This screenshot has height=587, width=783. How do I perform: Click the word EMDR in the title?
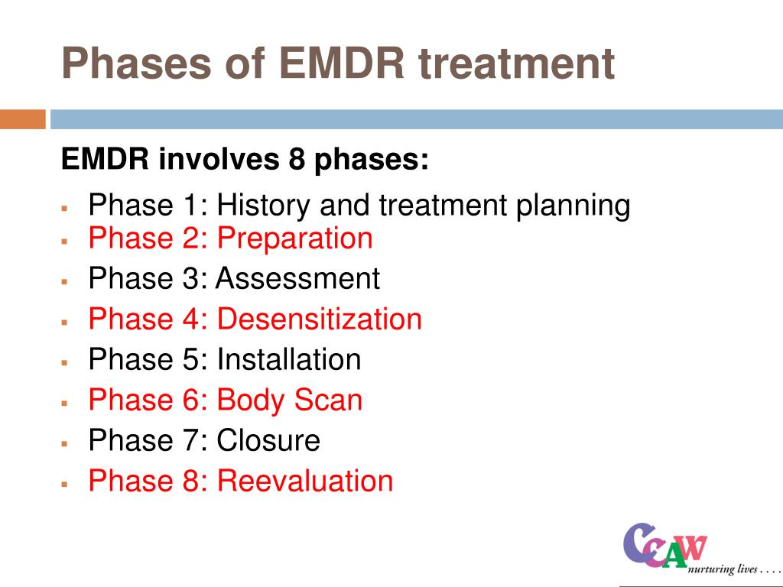pyautogui.click(x=342, y=63)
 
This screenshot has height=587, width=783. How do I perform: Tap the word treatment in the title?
pyautogui.click(x=516, y=63)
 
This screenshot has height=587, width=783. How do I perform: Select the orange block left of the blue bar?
pyautogui.click(x=23, y=119)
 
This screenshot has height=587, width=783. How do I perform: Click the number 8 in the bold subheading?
pyautogui.click(x=297, y=159)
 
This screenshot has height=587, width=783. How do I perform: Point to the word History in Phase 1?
pyautogui.click(x=263, y=205)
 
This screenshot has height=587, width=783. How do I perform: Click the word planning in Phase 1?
pyautogui.click(x=573, y=206)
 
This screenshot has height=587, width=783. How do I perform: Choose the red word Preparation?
pyautogui.click(x=294, y=238)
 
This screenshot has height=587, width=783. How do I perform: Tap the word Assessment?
pyautogui.click(x=297, y=278)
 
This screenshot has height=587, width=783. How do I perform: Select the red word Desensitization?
pyautogui.click(x=320, y=319)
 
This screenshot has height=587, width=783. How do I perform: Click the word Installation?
pyautogui.click(x=288, y=359)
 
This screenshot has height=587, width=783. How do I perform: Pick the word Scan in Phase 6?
pyautogui.click(x=327, y=400)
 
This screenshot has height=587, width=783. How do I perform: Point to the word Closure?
pyautogui.click(x=268, y=440)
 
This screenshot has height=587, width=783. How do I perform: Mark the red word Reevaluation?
pyautogui.click(x=305, y=481)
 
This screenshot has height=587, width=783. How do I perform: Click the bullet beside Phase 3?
pyautogui.click(x=64, y=282)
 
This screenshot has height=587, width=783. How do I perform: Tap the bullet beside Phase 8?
pyautogui.click(x=64, y=484)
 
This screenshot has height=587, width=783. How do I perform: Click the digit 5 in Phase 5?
pyautogui.click(x=190, y=359)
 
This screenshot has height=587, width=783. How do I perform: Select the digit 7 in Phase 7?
pyautogui.click(x=190, y=440)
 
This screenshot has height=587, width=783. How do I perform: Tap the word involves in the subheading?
pyautogui.click(x=219, y=159)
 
